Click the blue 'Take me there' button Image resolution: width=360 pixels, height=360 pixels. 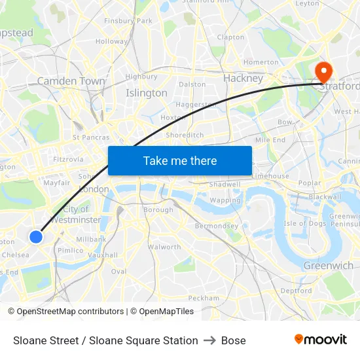point(180,160)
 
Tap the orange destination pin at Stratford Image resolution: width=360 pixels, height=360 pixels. point(323,71)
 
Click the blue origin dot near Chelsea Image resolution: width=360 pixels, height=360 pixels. point(37,236)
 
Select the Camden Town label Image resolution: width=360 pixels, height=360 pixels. point(71,81)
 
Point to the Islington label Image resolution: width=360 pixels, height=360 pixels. point(146,93)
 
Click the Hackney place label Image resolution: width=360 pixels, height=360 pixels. point(243,79)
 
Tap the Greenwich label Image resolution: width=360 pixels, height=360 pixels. point(328,266)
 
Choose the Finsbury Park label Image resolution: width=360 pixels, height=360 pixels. point(128,21)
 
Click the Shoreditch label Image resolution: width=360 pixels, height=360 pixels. point(185,135)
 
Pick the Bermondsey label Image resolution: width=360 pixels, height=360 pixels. point(217,226)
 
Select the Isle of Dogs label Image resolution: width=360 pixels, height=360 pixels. point(304,223)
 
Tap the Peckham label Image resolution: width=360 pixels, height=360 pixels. point(204,298)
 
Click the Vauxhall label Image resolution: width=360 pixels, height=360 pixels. point(104,255)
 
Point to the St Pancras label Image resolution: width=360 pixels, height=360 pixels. point(91,137)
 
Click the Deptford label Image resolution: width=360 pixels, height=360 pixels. point(296,291)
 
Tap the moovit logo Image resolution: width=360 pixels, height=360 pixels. point(321,340)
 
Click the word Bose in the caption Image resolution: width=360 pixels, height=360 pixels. point(234,340)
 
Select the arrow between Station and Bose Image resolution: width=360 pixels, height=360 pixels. point(209,340)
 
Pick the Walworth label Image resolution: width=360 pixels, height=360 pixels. point(164,247)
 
